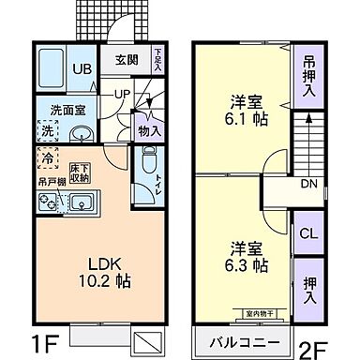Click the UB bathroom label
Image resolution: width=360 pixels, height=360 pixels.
coord(82,70)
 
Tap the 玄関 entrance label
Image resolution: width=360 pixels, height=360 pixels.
coord(127,61)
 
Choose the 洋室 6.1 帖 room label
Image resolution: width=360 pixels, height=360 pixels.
coord(247,110)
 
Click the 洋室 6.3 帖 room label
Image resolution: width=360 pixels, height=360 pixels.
coord(246,257)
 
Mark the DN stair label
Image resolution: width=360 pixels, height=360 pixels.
coord(307,184)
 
